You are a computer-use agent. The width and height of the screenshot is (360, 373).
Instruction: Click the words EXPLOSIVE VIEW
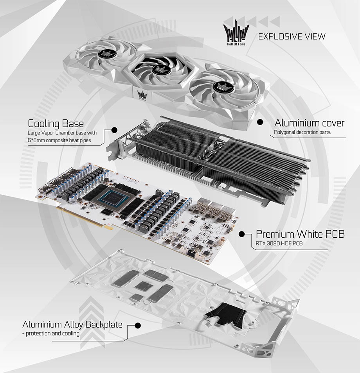coord(292,37)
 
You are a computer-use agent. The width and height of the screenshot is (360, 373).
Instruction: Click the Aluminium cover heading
coord(309,123)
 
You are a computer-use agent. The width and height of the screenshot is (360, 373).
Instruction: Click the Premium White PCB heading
coord(300,234)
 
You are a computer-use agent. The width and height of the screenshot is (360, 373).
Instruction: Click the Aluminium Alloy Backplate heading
coord(72,324)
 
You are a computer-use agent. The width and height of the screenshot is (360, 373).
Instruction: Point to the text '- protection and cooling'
coord(51,334)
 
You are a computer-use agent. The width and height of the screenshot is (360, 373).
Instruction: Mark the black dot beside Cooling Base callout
coord(114,130)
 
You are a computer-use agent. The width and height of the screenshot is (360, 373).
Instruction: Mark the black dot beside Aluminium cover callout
coord(259,122)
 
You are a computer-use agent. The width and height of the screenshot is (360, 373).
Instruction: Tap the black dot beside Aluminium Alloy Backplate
coord(137,325)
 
